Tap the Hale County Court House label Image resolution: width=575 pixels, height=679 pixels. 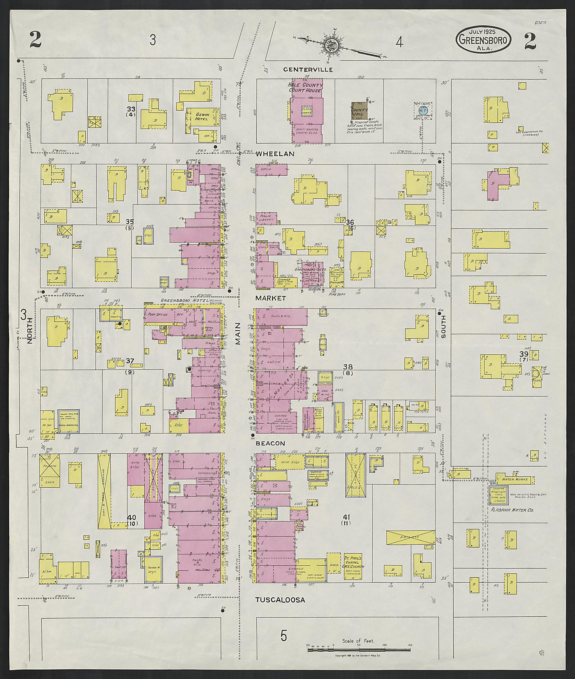pos(305,87)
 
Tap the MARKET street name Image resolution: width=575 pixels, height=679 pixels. pos(271,298)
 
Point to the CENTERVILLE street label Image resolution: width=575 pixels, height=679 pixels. pos(308,70)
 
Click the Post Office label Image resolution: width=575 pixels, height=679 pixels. pos(158,315)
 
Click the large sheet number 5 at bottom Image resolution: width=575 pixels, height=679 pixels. pos(284,635)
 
